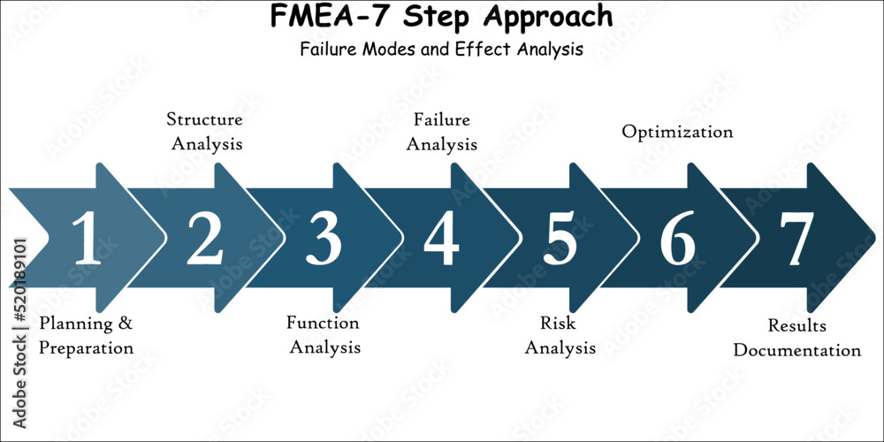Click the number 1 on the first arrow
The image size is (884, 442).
86,239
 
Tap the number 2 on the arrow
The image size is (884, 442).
205,239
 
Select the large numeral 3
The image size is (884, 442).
324,239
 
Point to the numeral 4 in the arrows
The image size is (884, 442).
441,239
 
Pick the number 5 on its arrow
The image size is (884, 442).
560,239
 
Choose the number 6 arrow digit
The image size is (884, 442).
677,239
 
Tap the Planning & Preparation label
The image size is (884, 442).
86,335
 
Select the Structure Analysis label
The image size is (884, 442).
205,130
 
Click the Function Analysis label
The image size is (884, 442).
324,335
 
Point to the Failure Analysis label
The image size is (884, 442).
441,130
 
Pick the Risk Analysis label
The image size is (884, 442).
560,335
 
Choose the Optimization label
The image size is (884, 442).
677,132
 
